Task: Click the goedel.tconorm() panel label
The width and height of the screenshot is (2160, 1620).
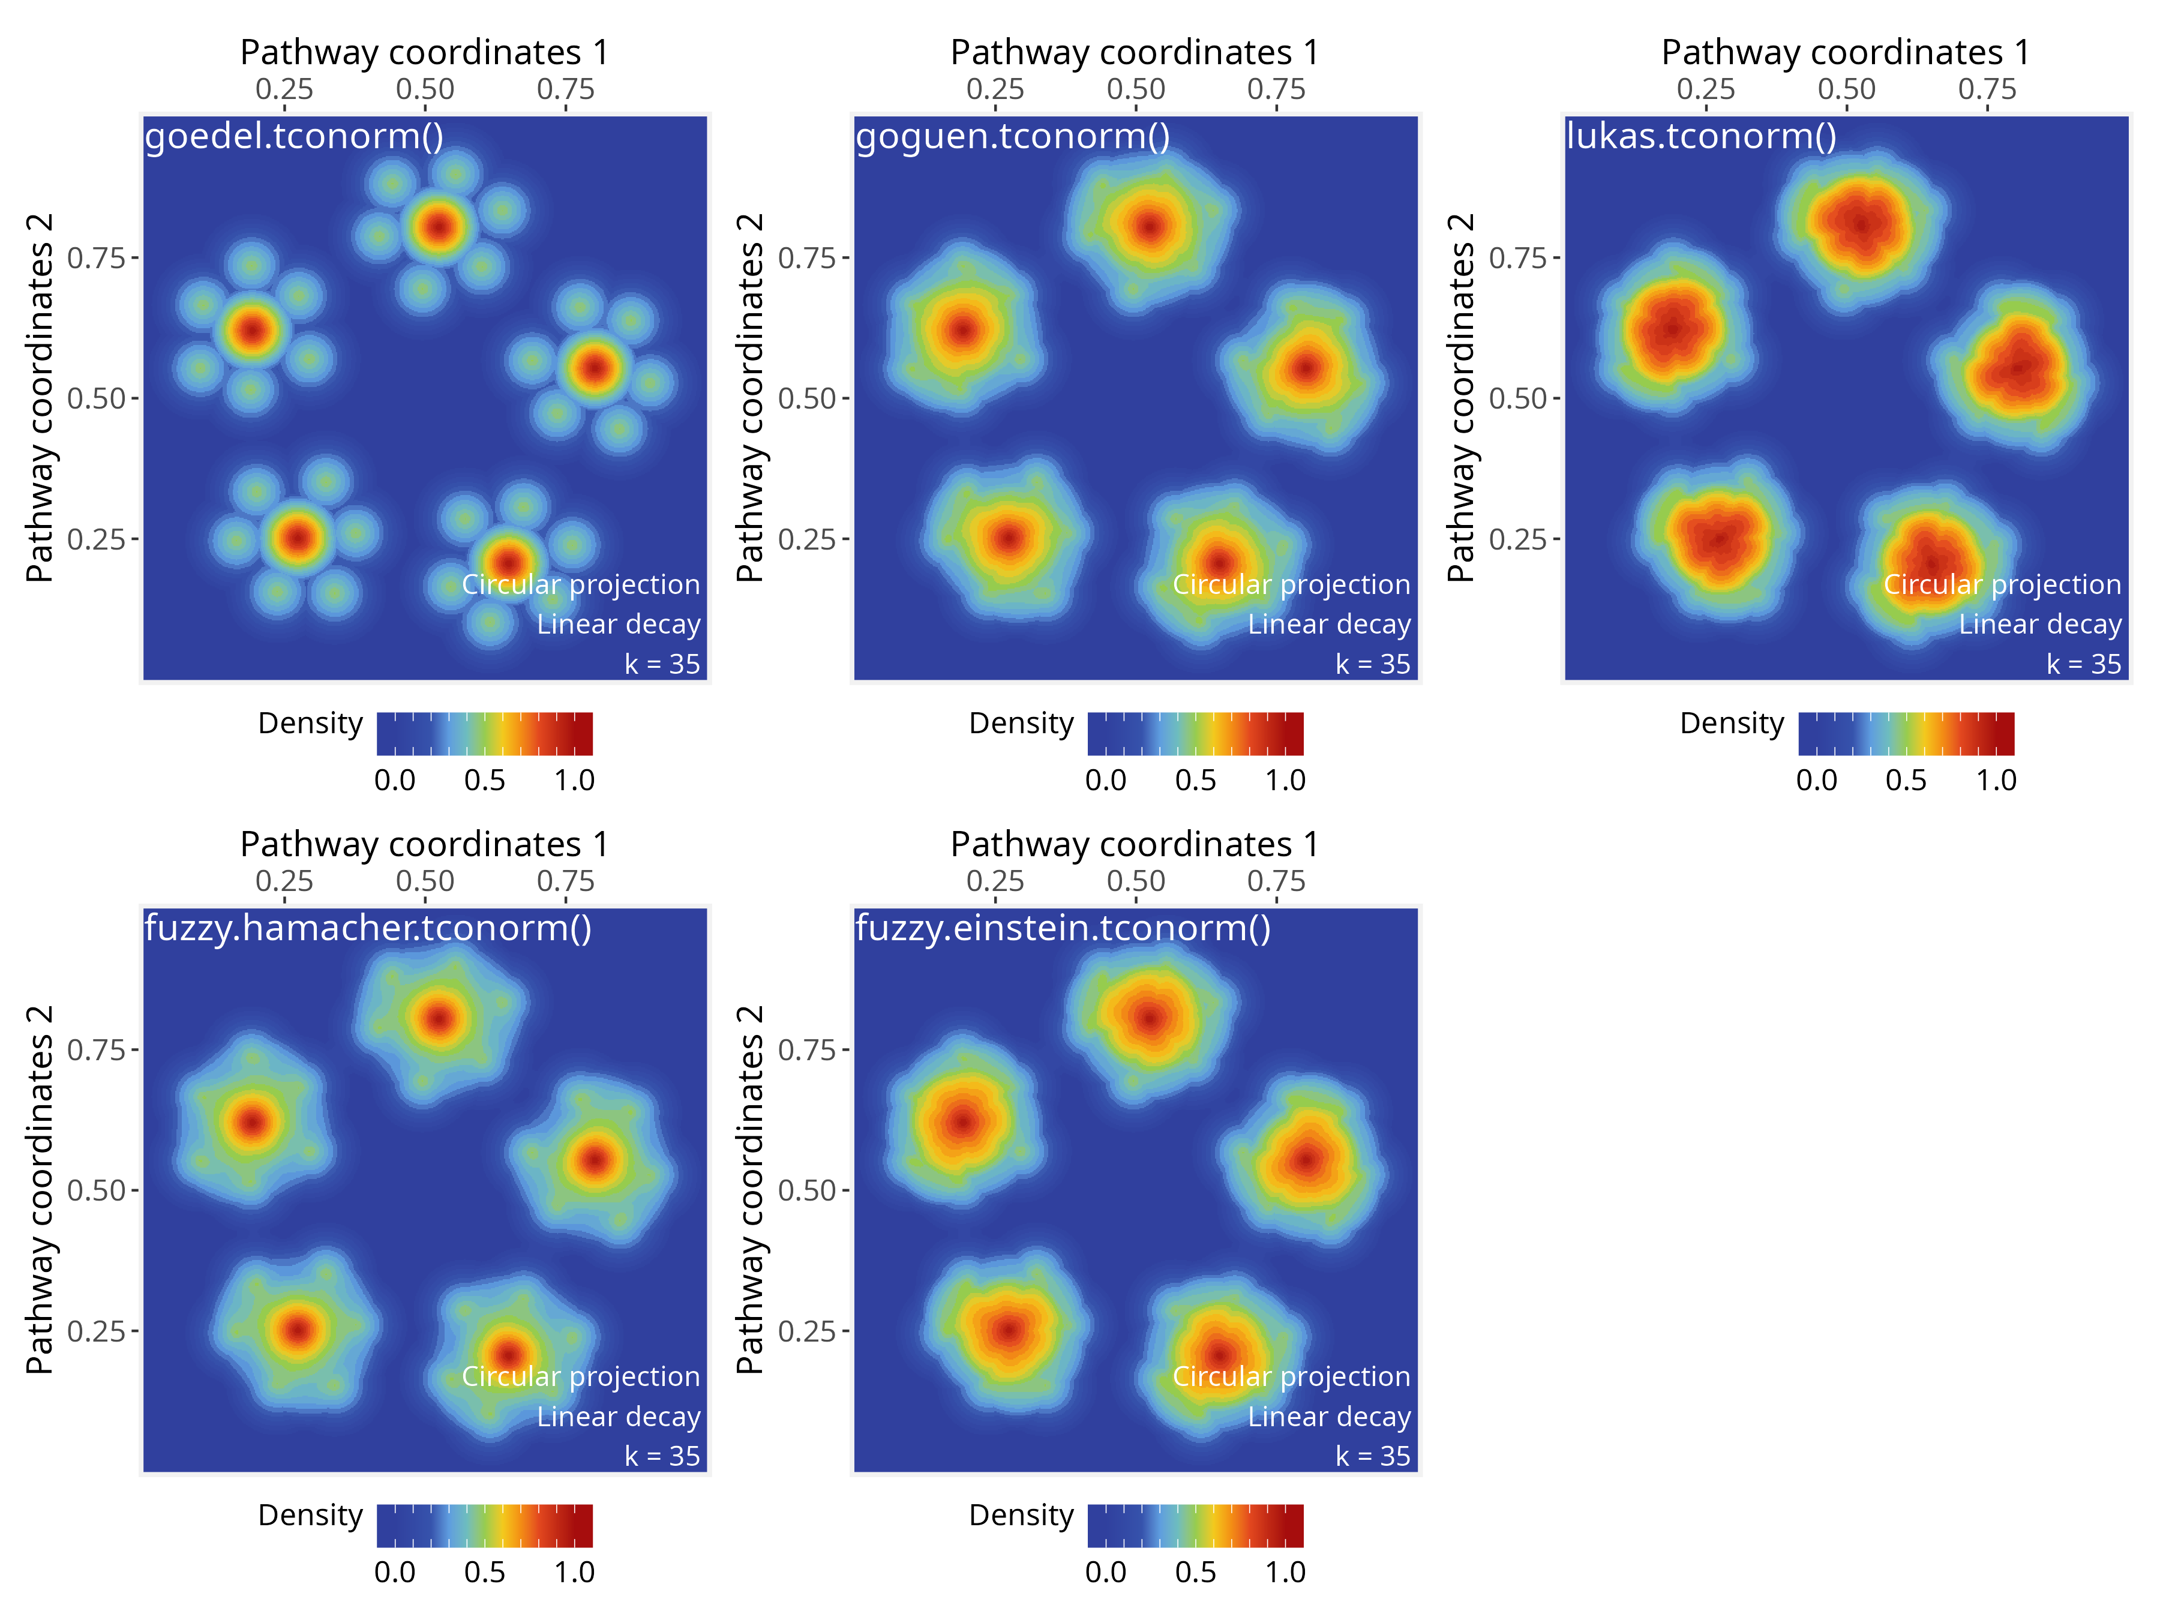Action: coord(294,136)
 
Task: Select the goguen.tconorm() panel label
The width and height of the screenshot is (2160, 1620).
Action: coord(1013,136)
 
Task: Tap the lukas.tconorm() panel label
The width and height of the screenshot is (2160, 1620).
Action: coord(1701,136)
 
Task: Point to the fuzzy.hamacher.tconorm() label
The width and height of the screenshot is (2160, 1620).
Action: coord(368,928)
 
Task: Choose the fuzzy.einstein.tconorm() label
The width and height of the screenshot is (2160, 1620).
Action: coord(1063,928)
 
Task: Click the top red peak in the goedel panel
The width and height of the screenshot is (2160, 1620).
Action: coord(439,227)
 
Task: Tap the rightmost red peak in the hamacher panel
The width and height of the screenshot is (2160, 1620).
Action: coord(596,1160)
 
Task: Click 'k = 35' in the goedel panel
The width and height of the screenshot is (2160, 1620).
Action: coord(662,664)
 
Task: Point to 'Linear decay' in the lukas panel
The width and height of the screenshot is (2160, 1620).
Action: coord(2040,624)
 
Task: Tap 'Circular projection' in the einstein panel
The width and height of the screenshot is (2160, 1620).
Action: coord(1291,1376)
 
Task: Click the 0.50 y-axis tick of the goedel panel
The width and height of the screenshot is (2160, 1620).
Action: coord(95,398)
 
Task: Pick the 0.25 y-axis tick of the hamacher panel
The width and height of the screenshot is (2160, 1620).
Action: coord(95,1331)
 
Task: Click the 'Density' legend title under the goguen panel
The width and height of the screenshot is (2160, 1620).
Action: coord(1021,724)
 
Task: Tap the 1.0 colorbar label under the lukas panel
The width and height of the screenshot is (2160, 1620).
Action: coord(1996,780)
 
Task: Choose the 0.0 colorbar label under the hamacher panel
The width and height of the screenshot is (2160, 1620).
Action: coord(395,1572)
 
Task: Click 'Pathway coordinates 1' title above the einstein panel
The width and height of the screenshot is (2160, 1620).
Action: coord(1135,844)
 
